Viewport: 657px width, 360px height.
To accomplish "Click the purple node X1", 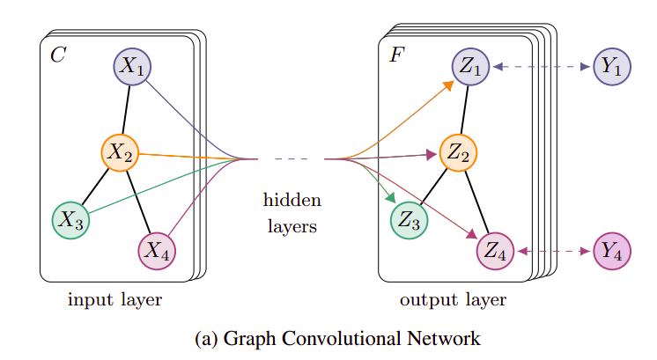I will click(133, 67).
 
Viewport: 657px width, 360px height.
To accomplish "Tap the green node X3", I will click(70, 220).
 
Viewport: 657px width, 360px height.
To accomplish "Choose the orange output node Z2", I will click(457, 153).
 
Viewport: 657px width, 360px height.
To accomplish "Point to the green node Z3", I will click(409, 221).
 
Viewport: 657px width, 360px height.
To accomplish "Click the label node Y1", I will click(612, 67).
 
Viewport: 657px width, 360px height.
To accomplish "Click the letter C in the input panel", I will click(57, 56).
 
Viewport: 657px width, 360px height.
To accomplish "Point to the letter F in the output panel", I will click(395, 56).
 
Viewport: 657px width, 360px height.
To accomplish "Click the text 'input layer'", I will click(114, 300).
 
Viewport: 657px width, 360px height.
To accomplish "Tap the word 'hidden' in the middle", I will click(292, 201).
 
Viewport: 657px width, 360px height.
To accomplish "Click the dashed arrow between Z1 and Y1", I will click(542, 67).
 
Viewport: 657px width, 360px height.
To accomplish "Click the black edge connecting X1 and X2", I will click(127, 109).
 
